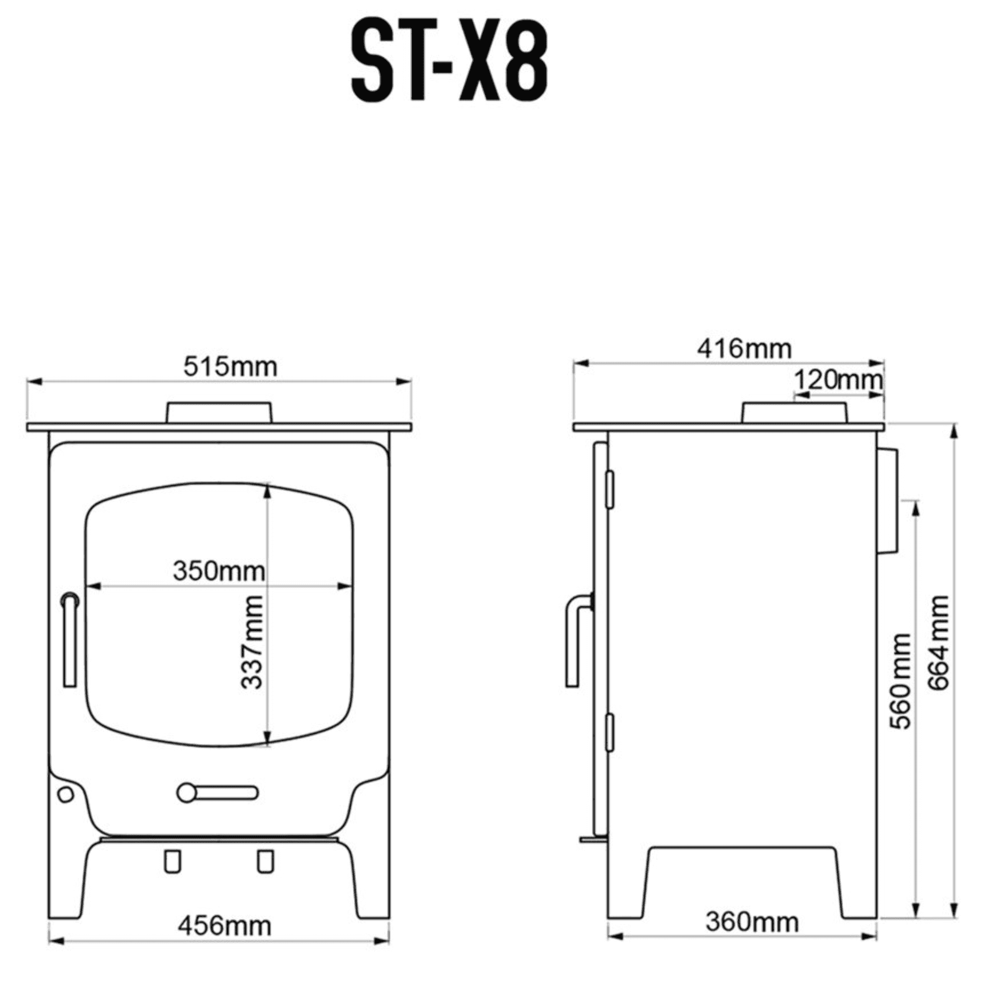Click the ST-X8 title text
449,62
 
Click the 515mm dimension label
230,366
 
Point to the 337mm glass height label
252,642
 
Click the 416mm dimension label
744,349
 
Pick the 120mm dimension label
838,379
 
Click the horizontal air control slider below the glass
217,793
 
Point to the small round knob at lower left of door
66,794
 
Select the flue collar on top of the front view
219,412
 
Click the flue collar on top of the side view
794,412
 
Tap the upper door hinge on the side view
610,490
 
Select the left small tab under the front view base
172,862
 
